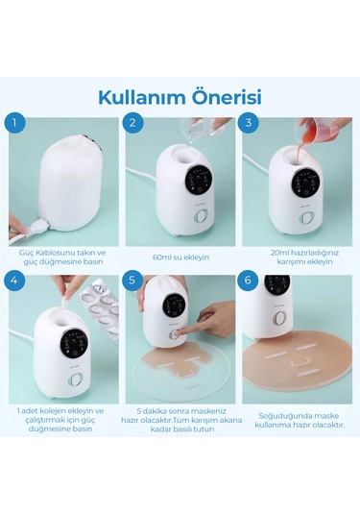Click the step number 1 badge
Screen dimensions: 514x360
pyautogui.click(x=13, y=124)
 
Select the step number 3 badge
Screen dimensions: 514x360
pyautogui.click(x=250, y=124)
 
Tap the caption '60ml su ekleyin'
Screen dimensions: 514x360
pyautogui.click(x=181, y=257)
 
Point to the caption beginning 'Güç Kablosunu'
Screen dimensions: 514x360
pyautogui.click(x=61, y=257)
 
